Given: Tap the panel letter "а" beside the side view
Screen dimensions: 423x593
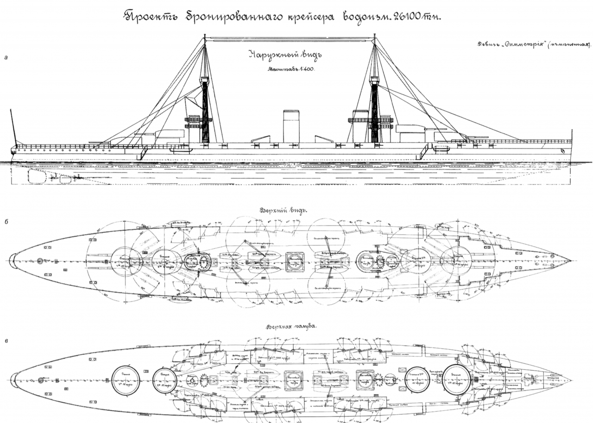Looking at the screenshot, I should pos(5,58).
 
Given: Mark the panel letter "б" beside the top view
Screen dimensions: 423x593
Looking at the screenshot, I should pos(5,221).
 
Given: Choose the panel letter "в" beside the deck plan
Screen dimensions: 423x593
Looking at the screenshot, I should pos(5,341).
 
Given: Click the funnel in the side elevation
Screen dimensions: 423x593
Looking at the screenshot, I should pos(291,126).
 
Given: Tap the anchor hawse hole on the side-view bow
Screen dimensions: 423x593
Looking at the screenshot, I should pos(562,151).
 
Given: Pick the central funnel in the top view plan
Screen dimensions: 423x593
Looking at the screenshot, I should pos(295,261).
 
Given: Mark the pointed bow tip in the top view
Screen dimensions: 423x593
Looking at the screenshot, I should pos(570,261).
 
